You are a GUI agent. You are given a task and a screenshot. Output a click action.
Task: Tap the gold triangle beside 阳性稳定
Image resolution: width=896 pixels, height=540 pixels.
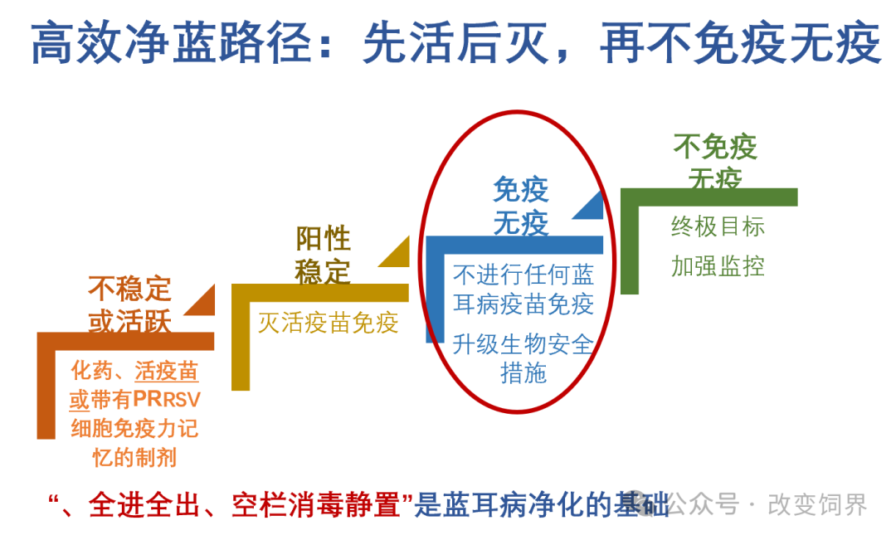point(399,255)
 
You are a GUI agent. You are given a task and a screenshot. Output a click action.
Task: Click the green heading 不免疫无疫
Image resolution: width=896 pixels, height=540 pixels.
point(715,163)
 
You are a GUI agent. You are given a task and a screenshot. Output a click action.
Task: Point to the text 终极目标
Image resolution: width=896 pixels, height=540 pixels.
point(718,226)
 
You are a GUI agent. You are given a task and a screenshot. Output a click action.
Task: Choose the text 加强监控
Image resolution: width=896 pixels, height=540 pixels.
point(718,266)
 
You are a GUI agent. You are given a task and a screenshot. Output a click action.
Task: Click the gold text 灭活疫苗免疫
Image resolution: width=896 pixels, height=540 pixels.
point(328,323)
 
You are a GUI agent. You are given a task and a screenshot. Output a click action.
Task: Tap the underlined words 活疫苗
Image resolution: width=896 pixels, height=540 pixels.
point(166,371)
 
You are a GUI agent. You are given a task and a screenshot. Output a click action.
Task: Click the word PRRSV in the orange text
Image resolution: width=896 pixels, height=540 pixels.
point(167,400)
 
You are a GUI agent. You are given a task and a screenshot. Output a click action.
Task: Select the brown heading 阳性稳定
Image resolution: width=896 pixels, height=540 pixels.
point(323,255)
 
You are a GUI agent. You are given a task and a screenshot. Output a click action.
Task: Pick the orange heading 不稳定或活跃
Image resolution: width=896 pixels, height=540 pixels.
point(129,304)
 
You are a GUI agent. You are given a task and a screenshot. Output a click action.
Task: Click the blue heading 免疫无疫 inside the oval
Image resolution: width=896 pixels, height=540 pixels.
point(520,207)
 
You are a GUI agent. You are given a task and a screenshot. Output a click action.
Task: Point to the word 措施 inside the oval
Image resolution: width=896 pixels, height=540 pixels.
point(523,373)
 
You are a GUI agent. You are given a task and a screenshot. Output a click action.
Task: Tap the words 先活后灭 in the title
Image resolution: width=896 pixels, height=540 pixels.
point(456,43)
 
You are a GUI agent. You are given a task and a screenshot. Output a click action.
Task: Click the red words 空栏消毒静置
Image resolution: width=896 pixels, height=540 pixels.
point(316,504)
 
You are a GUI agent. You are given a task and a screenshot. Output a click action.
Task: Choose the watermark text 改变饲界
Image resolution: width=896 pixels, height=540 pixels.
point(817,504)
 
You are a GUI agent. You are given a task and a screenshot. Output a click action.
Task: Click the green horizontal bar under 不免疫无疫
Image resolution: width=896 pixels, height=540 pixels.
point(709,197)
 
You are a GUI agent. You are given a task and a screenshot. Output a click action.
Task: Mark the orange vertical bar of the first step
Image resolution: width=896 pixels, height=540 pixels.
point(46,386)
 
